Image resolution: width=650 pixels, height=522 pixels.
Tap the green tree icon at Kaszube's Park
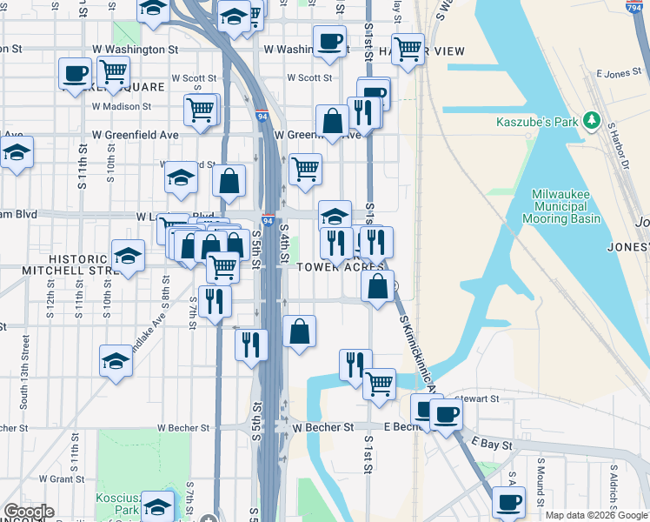pyautogui.click(x=592, y=118)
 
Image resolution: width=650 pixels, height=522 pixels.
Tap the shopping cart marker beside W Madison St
pyautogui.click(x=200, y=110)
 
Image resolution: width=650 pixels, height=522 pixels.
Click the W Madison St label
pyautogui.click(x=121, y=106)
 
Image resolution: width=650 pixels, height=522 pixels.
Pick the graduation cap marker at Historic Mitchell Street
pyautogui.click(x=128, y=256)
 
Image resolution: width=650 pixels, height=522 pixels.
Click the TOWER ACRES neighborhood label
pyautogui.click(x=342, y=267)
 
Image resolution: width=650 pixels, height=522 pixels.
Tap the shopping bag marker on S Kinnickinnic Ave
pyautogui.click(x=378, y=286)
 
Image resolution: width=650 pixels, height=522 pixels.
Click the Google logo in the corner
pyautogui.click(x=29, y=512)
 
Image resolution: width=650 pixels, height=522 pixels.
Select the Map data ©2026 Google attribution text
pyautogui.click(x=595, y=515)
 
